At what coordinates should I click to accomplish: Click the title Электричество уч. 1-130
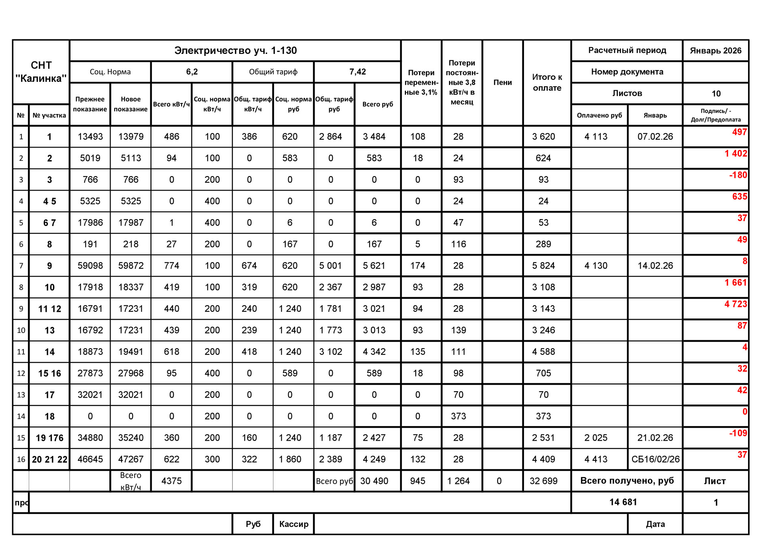[x=235, y=51]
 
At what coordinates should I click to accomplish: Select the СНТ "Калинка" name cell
[x=41, y=72]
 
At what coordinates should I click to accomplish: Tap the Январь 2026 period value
[x=716, y=51]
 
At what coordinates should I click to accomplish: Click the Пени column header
[x=502, y=82]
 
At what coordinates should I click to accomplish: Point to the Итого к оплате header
[x=547, y=82]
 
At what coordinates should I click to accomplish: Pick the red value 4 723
[x=735, y=304]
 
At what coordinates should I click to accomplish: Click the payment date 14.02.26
[x=655, y=266]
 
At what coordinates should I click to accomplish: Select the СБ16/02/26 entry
[x=655, y=459]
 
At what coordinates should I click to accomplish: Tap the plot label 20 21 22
[x=49, y=459]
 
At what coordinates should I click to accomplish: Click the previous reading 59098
[x=90, y=266]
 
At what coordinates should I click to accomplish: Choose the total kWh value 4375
[x=171, y=481]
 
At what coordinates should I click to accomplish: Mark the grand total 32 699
[x=543, y=481]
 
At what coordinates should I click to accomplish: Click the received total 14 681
[x=623, y=502]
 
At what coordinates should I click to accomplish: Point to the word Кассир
[x=294, y=524]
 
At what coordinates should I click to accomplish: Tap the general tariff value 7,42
[x=357, y=72]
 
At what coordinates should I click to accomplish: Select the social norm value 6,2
[x=192, y=72]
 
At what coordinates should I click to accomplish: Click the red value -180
[x=738, y=175]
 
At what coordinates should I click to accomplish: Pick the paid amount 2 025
[x=596, y=438]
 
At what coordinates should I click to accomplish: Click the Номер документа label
[x=627, y=72]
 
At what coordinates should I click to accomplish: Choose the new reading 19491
[x=130, y=352]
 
